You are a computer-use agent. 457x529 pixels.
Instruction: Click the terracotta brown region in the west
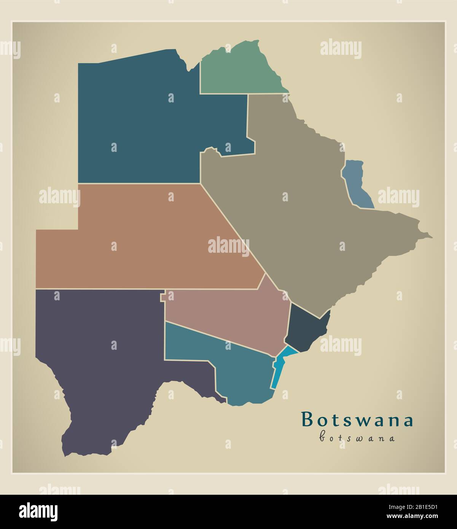coord(145,244)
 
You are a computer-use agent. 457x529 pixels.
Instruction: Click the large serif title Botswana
coord(357,420)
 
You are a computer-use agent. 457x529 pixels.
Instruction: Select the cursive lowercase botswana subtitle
coord(357,437)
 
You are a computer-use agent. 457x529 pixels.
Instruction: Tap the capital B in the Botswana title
coord(307,420)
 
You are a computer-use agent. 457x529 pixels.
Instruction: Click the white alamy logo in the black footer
coord(38,511)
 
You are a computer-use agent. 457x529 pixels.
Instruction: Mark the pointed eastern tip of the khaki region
coord(431,237)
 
